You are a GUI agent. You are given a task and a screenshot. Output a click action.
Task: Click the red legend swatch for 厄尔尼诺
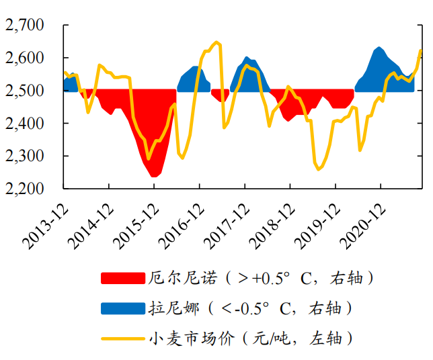point(122,277)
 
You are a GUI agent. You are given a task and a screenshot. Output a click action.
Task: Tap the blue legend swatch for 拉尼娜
point(122,308)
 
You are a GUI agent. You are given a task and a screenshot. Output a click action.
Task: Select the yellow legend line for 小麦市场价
point(122,338)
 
